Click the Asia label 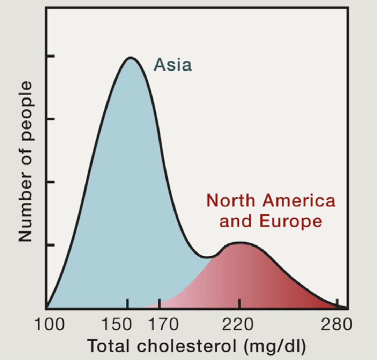pos(173,65)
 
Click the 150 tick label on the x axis pos(117,325)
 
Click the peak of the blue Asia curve pos(131,57)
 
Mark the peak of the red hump pos(239,242)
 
